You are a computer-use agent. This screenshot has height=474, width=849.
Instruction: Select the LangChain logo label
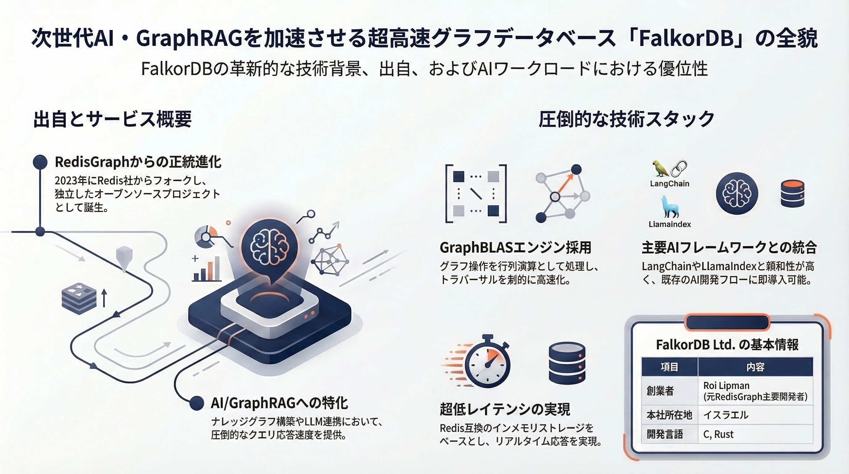[669, 184]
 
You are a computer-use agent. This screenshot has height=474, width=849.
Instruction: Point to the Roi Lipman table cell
[755, 391]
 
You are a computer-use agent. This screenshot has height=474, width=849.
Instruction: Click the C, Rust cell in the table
[755, 434]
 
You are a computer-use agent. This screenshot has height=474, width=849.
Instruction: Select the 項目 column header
[669, 367]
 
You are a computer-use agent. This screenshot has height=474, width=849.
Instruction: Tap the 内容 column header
[756, 367]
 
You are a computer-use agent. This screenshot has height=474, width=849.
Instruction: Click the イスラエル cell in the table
[755, 415]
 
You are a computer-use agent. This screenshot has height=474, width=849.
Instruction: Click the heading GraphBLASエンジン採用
[515, 247]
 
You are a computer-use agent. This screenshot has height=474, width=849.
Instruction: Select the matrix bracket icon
[476, 194]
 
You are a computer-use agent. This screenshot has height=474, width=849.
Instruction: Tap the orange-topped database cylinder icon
[793, 193]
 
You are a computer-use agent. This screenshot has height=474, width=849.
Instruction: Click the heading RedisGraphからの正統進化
[138, 162]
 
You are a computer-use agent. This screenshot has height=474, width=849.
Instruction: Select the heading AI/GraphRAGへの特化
[279, 403]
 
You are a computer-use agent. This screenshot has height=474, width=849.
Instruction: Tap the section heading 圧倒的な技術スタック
[627, 119]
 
